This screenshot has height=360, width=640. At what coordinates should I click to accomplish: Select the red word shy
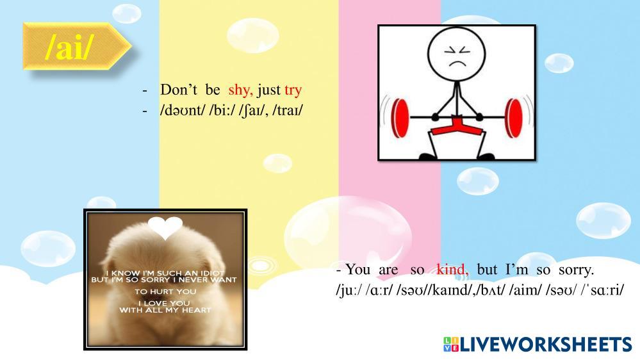[x=240, y=90]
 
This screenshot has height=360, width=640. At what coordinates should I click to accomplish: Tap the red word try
[x=293, y=90]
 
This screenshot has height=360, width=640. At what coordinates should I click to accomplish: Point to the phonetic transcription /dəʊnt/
[x=182, y=111]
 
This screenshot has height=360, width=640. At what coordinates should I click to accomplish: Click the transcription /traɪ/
[x=288, y=111]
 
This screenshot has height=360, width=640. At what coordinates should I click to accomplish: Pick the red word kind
[x=453, y=270]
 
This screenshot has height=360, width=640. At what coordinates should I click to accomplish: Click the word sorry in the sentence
[x=576, y=270]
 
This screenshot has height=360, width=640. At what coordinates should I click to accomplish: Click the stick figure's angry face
[x=457, y=56]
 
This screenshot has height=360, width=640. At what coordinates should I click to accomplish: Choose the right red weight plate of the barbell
[x=513, y=118]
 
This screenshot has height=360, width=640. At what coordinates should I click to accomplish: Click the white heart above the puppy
[x=165, y=227]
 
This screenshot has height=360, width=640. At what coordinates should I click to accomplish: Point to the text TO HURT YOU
[x=165, y=291]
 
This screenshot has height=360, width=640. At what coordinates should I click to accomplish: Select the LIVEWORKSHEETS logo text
[x=546, y=344]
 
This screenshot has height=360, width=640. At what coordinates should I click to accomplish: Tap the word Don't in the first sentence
[x=179, y=90]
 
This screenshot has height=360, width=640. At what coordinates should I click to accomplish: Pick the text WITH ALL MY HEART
[x=165, y=310]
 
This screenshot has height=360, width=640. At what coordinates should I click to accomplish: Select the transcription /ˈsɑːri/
[x=602, y=290]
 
